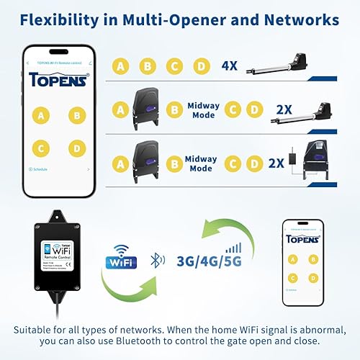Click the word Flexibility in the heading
coord(58,19)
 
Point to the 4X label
coord(230,66)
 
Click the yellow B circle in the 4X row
coord(147,67)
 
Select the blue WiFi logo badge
coord(121,258)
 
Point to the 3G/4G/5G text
coord(209,260)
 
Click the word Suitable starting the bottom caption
coord(33,330)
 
